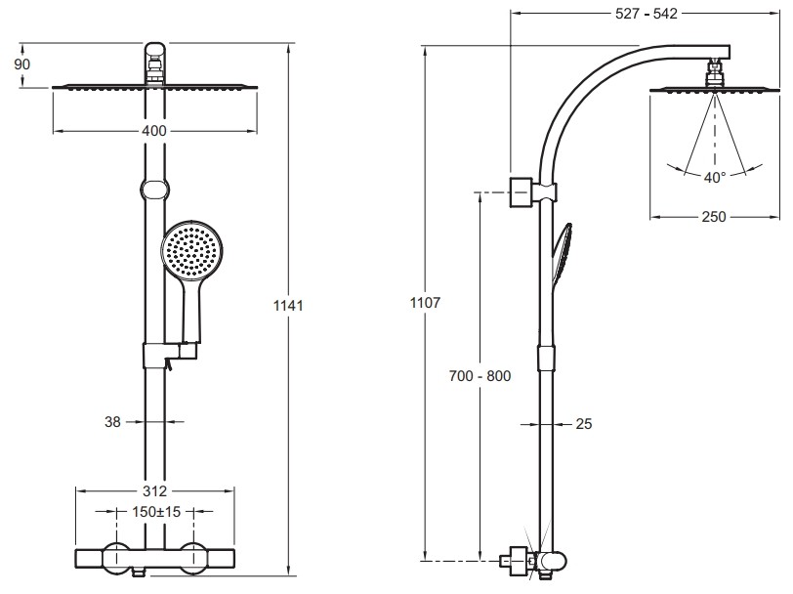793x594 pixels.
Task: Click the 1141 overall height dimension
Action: tap(289, 306)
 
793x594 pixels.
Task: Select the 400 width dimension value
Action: tap(154, 131)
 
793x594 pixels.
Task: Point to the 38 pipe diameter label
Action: tap(112, 422)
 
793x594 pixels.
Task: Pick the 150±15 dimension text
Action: tap(156, 510)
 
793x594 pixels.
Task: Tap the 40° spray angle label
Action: tap(715, 177)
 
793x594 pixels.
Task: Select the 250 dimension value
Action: tap(714, 217)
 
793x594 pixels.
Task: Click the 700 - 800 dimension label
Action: tap(480, 375)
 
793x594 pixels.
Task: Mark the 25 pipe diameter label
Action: tap(585, 424)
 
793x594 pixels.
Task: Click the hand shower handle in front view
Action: tap(189, 313)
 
